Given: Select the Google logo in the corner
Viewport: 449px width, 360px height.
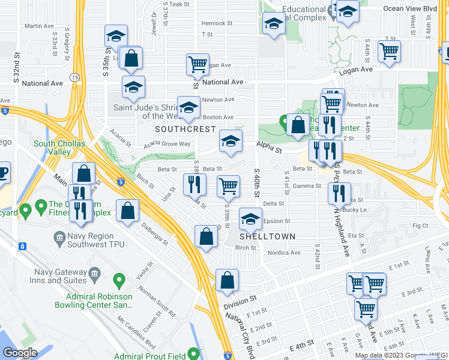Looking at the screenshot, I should click(20, 353).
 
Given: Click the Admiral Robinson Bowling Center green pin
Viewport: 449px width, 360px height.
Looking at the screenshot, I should click(119, 280).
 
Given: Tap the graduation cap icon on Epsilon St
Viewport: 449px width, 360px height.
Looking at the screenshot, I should click(250, 218).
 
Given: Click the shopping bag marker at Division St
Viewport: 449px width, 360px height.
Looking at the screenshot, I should click(227, 280).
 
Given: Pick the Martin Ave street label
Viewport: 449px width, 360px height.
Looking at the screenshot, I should click(40, 26).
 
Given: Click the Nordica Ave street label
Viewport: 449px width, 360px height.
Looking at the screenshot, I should click(285, 253).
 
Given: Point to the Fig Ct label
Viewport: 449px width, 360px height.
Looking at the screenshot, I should click(420, 226).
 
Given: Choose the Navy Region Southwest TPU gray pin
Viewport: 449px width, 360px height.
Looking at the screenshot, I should click(59, 238).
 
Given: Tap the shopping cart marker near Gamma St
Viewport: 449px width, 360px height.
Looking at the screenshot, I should click(228, 186).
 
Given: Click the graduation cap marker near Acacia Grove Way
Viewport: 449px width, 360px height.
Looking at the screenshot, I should click(230, 141).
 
